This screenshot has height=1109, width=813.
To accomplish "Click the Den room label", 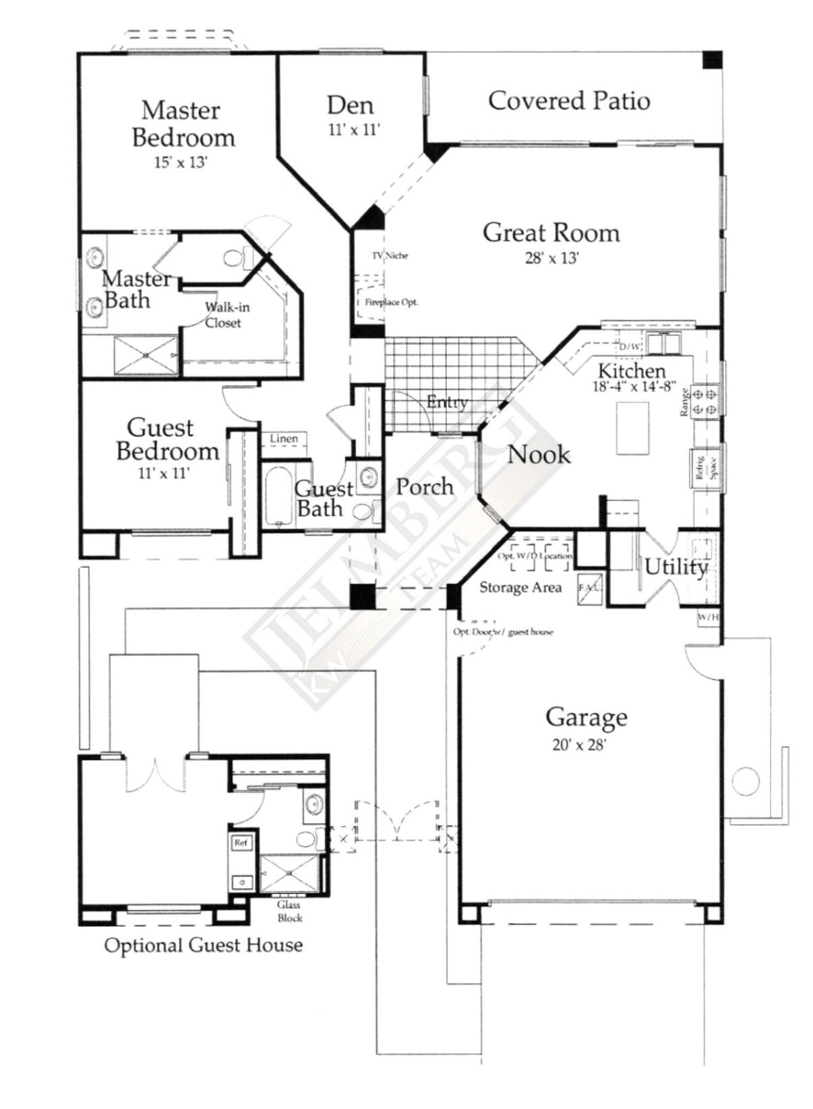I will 350,106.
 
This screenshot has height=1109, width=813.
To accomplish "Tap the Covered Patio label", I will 569,101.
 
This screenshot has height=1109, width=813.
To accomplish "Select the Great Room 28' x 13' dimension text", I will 552,258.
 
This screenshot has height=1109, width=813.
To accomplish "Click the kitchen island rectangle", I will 632,429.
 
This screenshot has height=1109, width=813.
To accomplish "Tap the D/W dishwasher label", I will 630,346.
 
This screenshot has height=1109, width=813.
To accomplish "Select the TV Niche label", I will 390,256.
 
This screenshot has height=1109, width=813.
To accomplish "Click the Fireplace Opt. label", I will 391,303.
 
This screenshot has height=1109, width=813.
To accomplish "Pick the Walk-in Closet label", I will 227,315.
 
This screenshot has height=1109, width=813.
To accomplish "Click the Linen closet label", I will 284,439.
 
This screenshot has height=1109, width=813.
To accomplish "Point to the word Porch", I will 424,486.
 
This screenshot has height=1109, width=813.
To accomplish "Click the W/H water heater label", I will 708,616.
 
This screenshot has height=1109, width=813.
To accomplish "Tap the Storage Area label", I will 520,588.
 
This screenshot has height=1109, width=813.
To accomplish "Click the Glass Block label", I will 289,911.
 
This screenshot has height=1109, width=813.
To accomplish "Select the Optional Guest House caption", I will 203,945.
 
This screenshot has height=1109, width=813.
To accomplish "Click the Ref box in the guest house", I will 241,843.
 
